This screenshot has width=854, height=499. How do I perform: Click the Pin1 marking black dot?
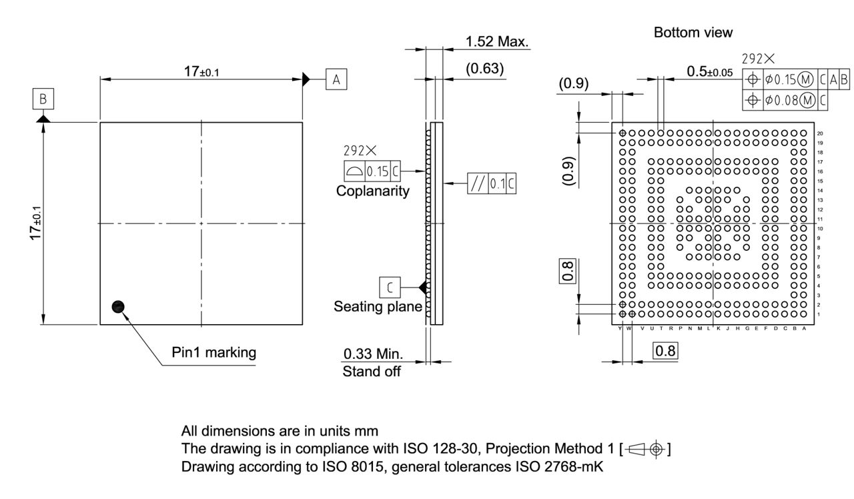119,306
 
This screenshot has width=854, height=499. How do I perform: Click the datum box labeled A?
336,79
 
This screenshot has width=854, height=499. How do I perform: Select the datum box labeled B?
43,99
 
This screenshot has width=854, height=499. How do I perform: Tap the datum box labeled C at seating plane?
390,287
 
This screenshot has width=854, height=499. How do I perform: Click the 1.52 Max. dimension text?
497,42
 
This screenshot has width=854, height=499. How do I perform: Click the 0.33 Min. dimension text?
372,353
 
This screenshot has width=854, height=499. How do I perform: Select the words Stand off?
372,372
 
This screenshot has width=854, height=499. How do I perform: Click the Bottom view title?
693,32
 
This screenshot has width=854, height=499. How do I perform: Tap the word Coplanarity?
373,191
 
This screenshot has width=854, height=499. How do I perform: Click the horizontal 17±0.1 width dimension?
200,72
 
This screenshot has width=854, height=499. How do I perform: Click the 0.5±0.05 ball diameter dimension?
710,71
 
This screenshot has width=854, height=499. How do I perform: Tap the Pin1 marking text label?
213,352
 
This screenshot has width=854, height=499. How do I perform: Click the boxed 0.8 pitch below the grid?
665,350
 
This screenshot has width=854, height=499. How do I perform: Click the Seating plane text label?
378,306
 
